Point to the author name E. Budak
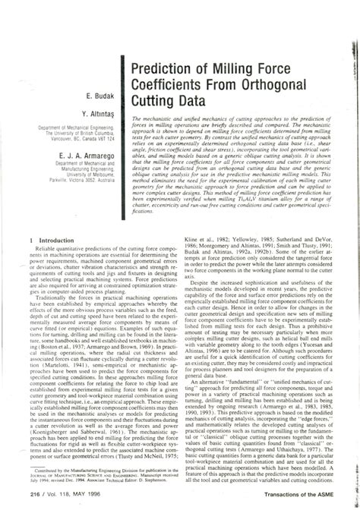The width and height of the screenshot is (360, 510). [101, 96]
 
